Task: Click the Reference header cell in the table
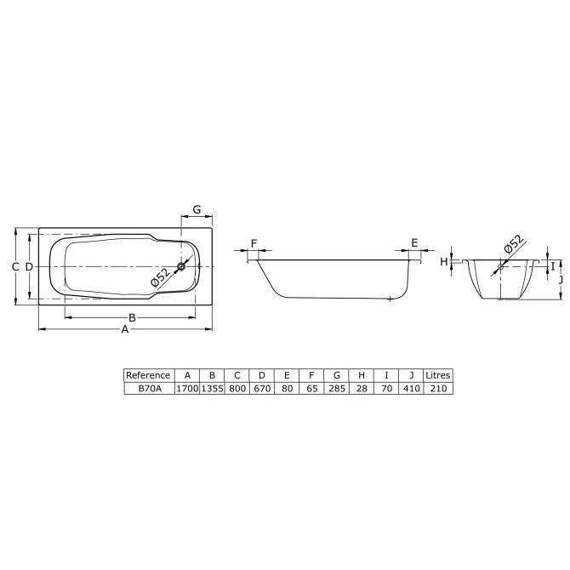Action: (148, 375)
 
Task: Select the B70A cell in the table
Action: (148, 387)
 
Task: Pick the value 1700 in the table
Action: (186, 387)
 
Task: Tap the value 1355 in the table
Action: (212, 387)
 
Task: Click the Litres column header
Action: (437, 375)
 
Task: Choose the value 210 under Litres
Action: (437, 387)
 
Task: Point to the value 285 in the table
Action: (337, 387)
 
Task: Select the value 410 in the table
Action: (411, 387)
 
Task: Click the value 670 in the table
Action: (262, 387)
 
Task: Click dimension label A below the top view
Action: (125, 330)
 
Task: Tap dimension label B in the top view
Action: (132, 317)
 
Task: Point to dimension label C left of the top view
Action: (15, 267)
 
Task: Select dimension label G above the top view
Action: (196, 209)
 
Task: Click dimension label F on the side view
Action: (254, 243)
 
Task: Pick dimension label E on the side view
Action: (414, 243)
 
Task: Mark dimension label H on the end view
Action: (443, 262)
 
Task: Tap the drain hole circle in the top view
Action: (181, 267)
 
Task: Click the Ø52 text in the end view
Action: (513, 246)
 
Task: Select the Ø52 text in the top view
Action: (160, 278)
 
